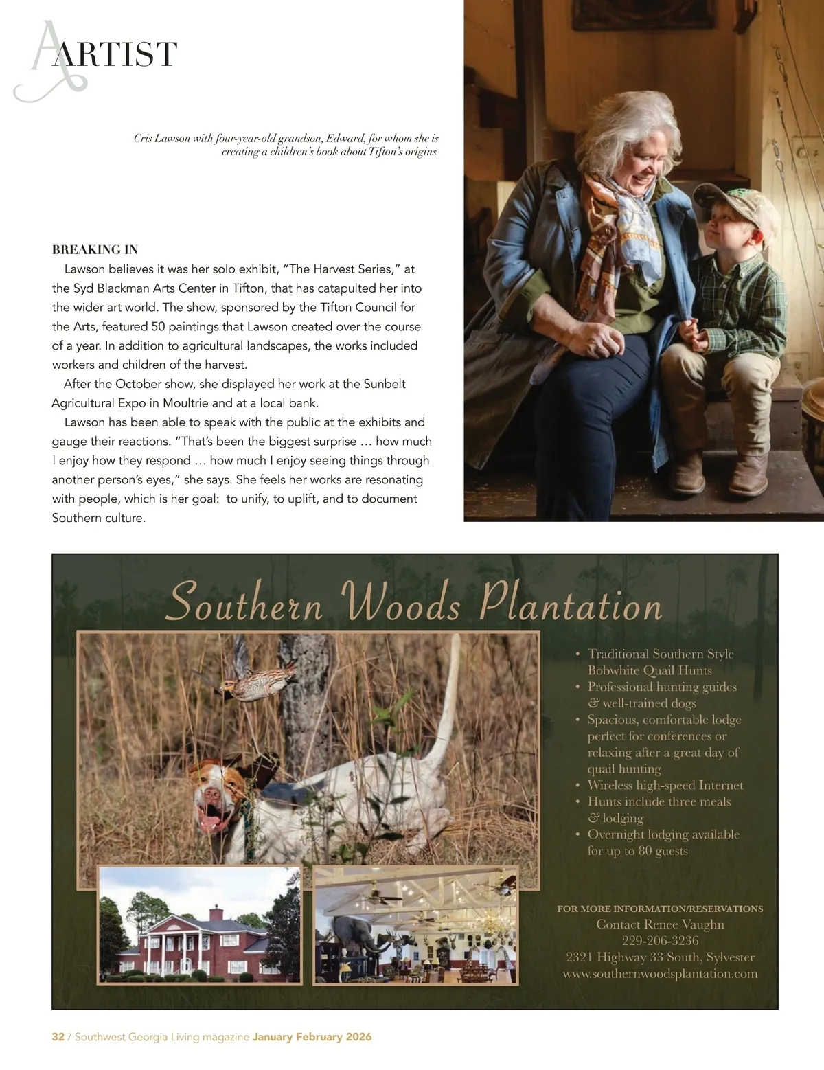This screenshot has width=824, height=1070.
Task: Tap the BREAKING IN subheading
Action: (x=95, y=249)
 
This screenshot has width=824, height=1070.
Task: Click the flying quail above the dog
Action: (x=244, y=676)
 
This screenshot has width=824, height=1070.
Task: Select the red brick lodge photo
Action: (x=199, y=924)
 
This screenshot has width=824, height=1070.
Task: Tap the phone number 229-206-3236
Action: (x=660, y=940)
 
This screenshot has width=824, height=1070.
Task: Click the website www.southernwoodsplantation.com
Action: (x=660, y=973)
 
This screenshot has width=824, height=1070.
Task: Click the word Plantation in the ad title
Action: (x=570, y=604)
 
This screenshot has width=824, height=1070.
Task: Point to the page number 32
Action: (x=58, y=1037)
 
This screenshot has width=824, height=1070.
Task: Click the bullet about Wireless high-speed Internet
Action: (x=665, y=785)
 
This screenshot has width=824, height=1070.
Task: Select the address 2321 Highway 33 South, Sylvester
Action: (x=660, y=957)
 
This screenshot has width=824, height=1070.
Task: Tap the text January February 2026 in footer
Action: (x=312, y=1037)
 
